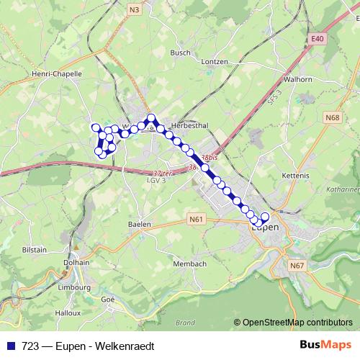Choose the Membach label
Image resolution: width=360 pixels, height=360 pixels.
[189, 265]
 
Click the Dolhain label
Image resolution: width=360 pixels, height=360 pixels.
[77, 263]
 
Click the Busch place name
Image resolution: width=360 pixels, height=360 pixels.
[180, 53]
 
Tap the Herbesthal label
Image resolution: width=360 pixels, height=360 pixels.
[190, 125]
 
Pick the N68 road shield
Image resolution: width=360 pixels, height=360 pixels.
[332, 117]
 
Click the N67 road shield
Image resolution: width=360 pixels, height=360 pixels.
[297, 266]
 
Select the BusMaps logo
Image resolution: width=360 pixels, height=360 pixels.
[326, 346]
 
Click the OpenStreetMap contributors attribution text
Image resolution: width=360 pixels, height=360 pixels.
[297, 323]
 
